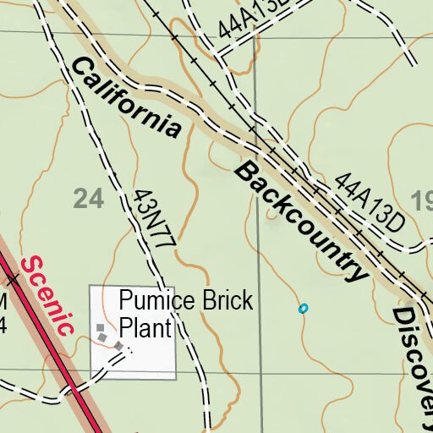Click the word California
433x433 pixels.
[127, 97]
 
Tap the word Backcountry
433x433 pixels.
[303, 222]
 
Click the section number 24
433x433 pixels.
[88, 199]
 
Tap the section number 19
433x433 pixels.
[422, 200]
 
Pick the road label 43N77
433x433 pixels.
[153, 218]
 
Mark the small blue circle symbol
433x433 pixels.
[303, 309]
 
